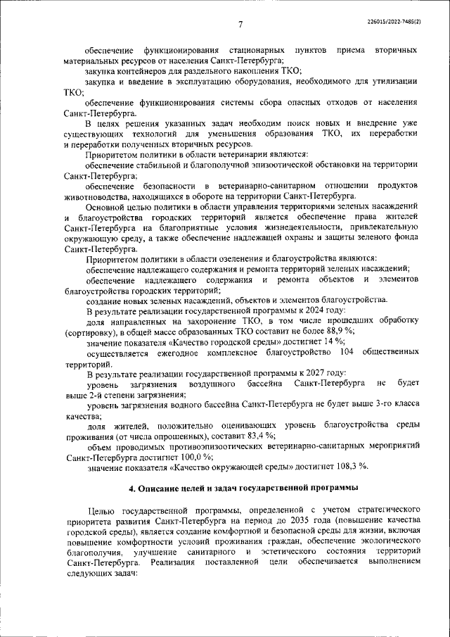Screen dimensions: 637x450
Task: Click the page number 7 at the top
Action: click(x=240, y=25)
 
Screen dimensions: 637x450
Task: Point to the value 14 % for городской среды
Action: click(x=319, y=341)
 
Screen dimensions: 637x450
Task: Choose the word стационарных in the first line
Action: click(x=257, y=51)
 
